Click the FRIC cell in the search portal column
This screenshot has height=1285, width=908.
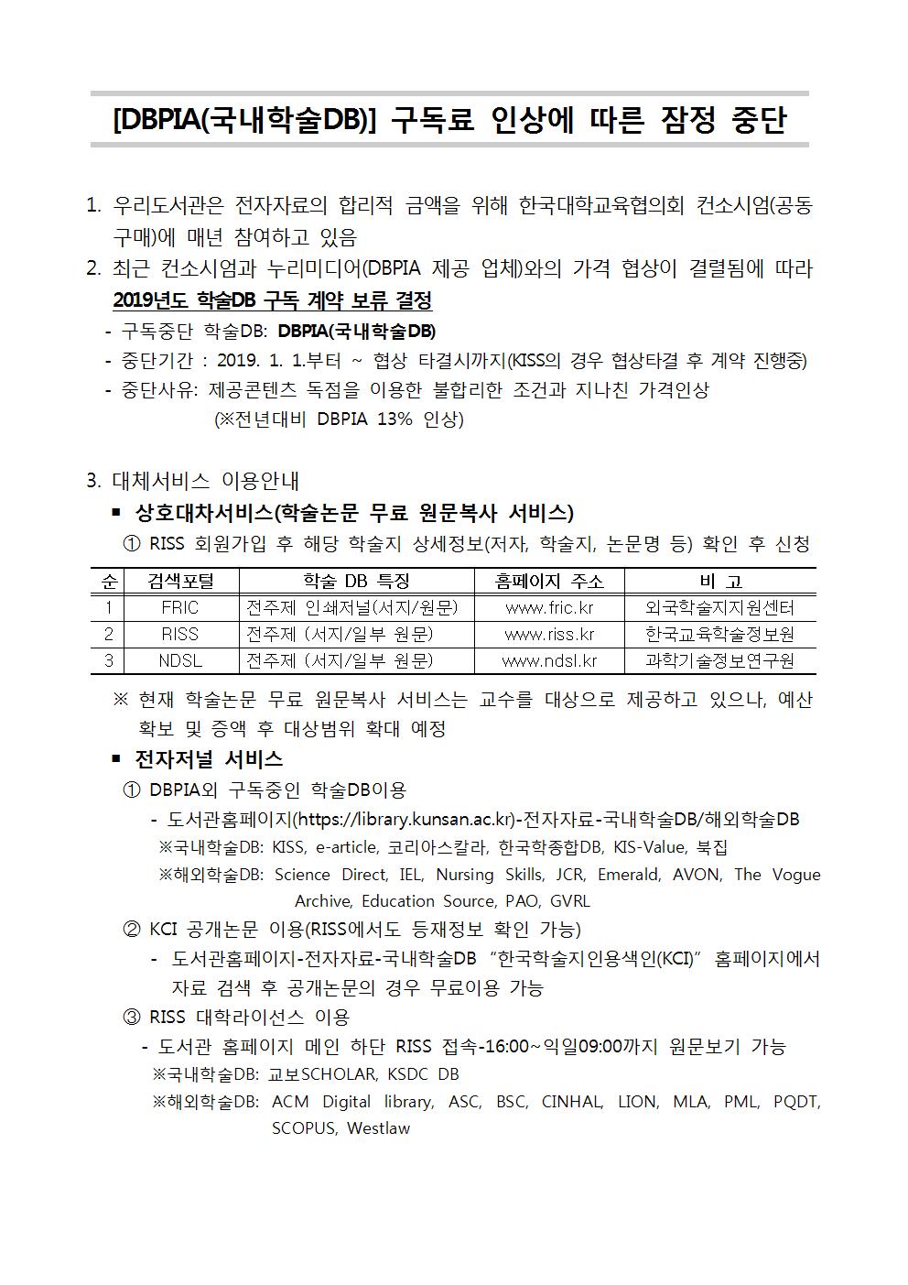pyautogui.click(x=179, y=607)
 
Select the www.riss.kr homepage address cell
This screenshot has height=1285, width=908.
pyautogui.click(x=549, y=634)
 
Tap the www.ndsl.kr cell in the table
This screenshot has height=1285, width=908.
pyautogui.click(x=549, y=660)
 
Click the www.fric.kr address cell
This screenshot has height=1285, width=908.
pyautogui.click(x=549, y=607)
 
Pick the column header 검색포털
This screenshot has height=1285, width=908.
pyautogui.click(x=179, y=581)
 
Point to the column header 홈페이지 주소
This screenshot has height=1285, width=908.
pyautogui.click(x=549, y=581)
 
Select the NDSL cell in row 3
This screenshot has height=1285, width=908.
pyautogui.click(x=179, y=660)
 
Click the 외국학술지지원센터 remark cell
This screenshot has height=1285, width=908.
pyautogui.click(x=719, y=607)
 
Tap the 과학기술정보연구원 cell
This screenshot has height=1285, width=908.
pyautogui.click(x=719, y=660)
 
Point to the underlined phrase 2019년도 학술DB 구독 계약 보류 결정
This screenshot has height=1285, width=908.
pyautogui.click(x=272, y=300)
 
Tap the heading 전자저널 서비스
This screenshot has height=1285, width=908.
pyautogui.click(x=209, y=758)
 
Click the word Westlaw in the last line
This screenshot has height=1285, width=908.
pyautogui.click(x=378, y=1128)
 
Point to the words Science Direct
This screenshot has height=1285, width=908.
pyautogui.click(x=330, y=875)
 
